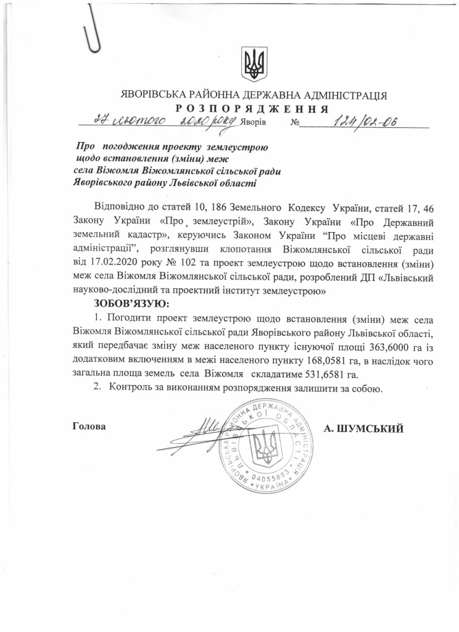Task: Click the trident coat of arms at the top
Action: [x=254, y=64]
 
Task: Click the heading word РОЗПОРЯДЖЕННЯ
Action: [x=254, y=109]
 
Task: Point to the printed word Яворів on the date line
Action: [x=254, y=122]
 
